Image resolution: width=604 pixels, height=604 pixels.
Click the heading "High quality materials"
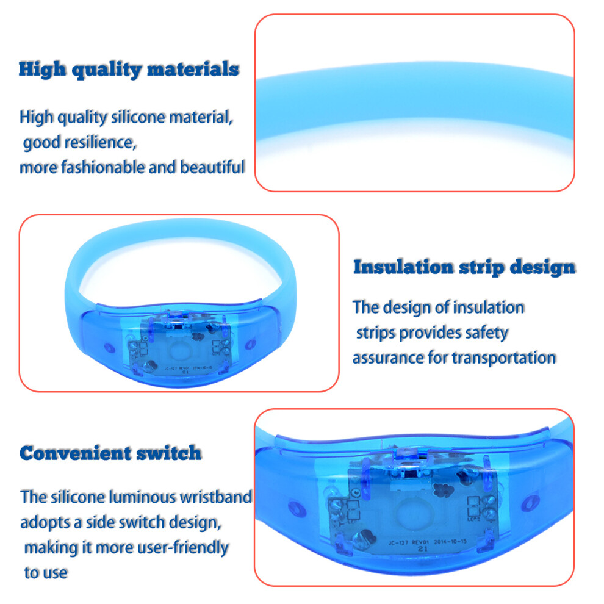tap(129, 70)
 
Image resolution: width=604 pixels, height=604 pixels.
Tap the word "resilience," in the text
tap(101, 142)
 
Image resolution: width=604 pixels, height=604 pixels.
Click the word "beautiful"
tap(212, 167)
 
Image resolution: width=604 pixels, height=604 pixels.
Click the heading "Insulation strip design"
tap(464, 267)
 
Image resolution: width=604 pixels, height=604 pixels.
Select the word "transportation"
tap(504, 358)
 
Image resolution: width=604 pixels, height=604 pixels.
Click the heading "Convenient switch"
tap(110, 453)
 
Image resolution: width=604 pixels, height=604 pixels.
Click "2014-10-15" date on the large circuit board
tap(450, 542)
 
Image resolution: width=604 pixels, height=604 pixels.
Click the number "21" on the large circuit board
tap(423, 549)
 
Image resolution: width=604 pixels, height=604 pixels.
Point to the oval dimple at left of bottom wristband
tap(297, 508)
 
